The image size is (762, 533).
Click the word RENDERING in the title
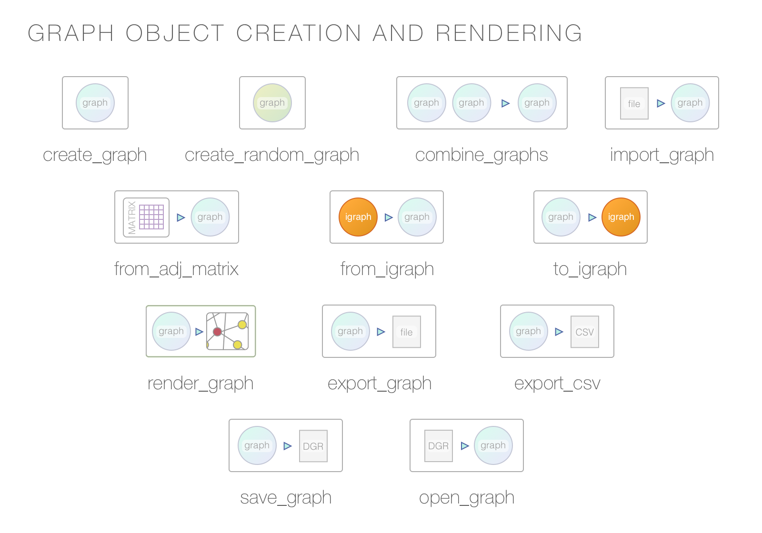(x=509, y=33)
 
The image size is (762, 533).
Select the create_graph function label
(x=95, y=155)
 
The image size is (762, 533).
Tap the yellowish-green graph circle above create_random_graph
(x=272, y=103)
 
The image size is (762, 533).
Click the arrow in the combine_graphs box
(x=505, y=103)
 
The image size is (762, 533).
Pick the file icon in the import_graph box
(x=634, y=103)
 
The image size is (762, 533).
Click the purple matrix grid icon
(x=151, y=217)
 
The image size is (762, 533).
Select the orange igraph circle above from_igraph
(x=358, y=217)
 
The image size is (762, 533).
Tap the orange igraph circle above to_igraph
(x=621, y=217)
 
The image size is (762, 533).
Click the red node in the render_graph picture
(x=217, y=332)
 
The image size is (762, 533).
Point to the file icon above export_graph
(x=406, y=332)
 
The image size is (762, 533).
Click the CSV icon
(x=584, y=332)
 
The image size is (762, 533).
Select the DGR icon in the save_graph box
(x=313, y=446)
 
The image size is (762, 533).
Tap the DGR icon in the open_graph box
(x=438, y=446)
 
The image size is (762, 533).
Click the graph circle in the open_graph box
(x=493, y=445)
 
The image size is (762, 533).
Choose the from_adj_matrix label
(x=176, y=269)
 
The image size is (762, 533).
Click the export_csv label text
(x=557, y=384)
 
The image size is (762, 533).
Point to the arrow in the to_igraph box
(x=592, y=217)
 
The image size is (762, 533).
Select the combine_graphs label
(x=481, y=155)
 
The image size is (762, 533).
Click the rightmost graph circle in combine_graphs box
(x=537, y=103)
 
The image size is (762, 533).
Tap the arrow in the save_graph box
(x=287, y=446)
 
